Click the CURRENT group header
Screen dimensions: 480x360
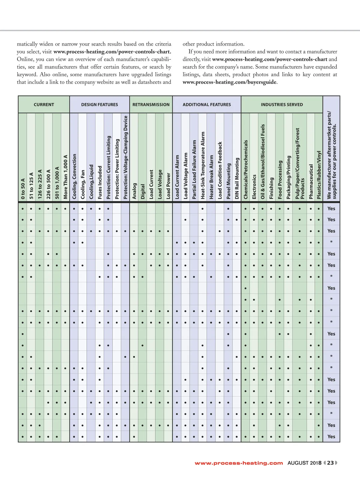[x=44, y=105]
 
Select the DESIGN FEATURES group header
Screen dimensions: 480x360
[x=100, y=105]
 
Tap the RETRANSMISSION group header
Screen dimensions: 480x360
[x=151, y=105]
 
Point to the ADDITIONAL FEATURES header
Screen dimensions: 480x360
[x=207, y=105]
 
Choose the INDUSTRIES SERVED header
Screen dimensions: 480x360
[x=282, y=105]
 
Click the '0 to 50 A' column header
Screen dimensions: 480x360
[x=23, y=189]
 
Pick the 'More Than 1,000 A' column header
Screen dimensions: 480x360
[x=65, y=177]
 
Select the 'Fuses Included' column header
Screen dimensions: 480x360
[x=100, y=182]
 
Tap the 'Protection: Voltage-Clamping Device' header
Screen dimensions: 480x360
[x=125, y=157]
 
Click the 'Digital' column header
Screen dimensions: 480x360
[x=143, y=191]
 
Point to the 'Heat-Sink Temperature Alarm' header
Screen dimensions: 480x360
[x=203, y=165]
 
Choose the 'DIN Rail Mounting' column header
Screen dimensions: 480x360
[x=237, y=178]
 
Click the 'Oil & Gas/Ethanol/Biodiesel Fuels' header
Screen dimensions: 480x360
[x=263, y=162]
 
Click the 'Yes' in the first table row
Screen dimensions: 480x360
[x=331, y=208]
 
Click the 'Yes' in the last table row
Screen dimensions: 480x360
[x=331, y=436]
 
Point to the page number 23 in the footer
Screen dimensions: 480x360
[x=330, y=463]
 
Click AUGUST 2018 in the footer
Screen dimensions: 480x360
[x=304, y=463]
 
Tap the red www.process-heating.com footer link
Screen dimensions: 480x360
[x=239, y=463]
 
